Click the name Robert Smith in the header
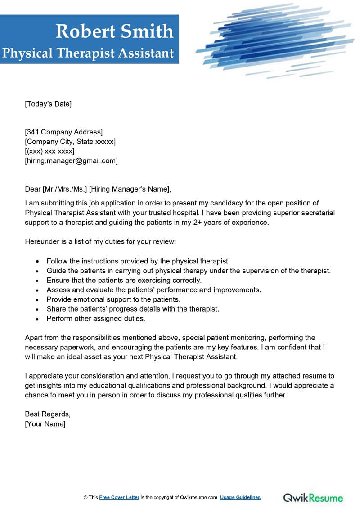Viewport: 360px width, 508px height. coord(114,31)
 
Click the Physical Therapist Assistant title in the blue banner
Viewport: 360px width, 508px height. coord(88,53)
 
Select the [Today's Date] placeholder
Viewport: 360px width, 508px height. coord(48,104)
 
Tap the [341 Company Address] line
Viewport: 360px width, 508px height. coord(63,132)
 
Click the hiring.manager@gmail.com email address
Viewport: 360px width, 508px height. coord(71,160)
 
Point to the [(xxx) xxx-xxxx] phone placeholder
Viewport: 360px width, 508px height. coord(49,151)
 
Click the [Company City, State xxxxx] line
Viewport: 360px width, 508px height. coord(70,142)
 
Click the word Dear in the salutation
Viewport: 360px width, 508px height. coord(32,188)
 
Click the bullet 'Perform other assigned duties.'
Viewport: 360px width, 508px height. coord(96,318)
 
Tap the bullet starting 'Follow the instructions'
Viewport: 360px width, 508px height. coord(138,261)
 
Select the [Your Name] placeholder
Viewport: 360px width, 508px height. coord(45,424)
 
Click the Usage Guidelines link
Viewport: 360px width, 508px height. coord(241,497)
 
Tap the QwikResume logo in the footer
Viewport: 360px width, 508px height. coord(313,497)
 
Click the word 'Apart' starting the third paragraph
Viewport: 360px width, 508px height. coord(34,337)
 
